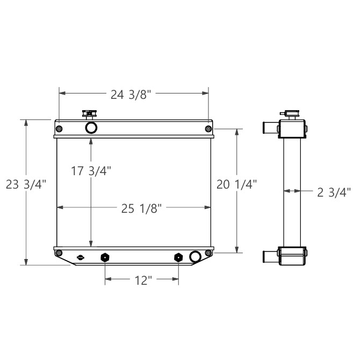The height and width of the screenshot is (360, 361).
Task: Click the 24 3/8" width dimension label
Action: (133, 95)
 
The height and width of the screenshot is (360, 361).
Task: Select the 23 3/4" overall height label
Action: (26, 184)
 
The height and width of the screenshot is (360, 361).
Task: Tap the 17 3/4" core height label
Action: (91, 171)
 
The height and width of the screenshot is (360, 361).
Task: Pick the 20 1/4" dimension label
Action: (236, 184)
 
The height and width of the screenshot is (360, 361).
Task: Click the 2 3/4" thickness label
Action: (334, 191)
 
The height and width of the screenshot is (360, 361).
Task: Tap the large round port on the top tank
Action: (91, 127)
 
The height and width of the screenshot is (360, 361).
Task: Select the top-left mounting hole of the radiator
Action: (59, 128)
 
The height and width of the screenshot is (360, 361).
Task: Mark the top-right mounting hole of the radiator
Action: (208, 128)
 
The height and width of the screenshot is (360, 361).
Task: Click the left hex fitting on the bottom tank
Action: (105, 257)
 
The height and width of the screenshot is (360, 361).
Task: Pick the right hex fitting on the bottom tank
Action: (178, 257)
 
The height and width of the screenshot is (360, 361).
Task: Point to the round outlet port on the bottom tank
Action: (195, 256)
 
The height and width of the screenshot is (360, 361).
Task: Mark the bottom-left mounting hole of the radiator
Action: (59, 254)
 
